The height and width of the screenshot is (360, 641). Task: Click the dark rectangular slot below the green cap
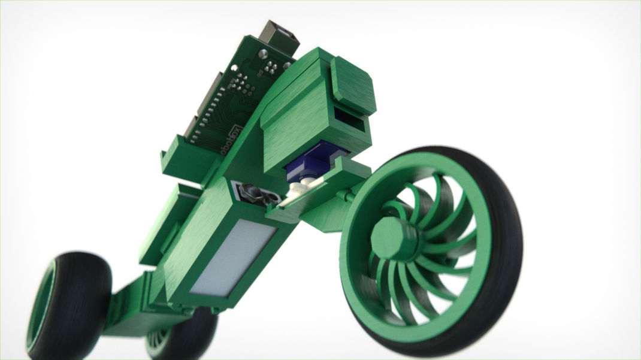(x=350, y=120)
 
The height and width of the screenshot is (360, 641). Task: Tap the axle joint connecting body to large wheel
(x=345, y=196)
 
